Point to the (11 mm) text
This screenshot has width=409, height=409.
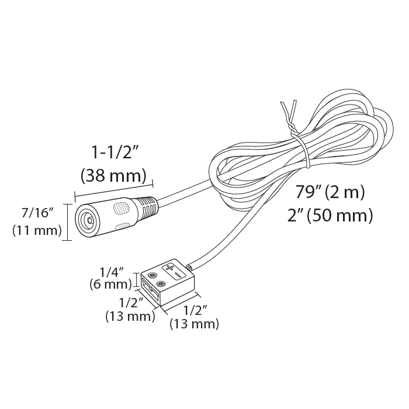[x=37, y=230]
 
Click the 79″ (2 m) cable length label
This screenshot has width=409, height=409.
[x=331, y=191]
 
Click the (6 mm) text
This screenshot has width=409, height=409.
[x=110, y=285]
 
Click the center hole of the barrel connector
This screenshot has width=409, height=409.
[x=89, y=221]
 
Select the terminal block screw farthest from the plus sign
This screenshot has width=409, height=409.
[x=162, y=284]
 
